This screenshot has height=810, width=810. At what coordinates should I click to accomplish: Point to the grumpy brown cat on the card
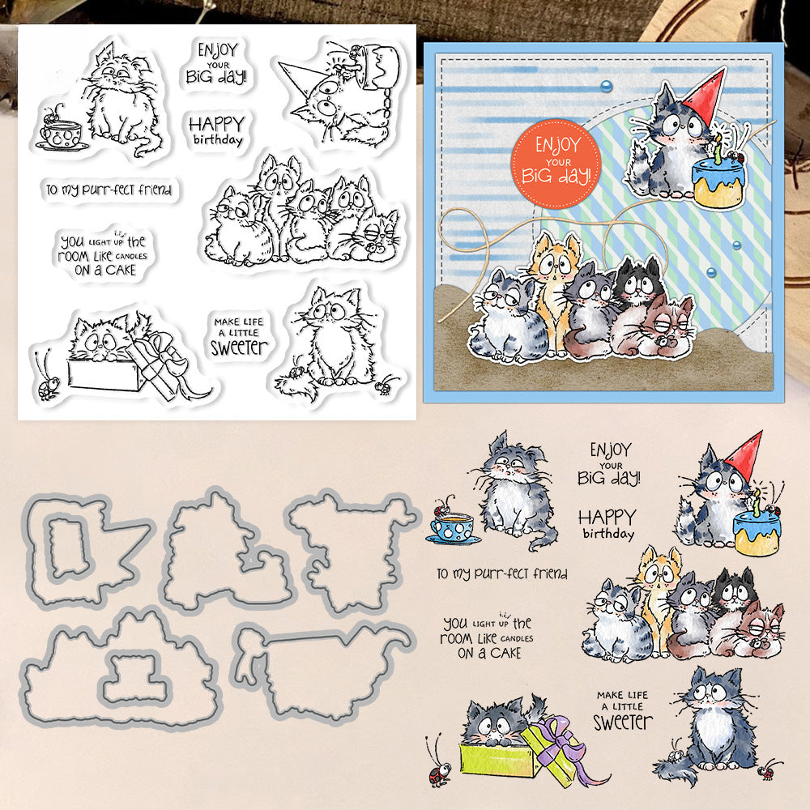656,327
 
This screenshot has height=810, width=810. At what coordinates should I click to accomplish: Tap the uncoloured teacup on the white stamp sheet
61,136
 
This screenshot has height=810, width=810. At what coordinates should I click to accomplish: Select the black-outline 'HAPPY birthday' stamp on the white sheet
216,130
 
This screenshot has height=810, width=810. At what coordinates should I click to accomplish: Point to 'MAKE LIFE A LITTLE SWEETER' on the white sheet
239,336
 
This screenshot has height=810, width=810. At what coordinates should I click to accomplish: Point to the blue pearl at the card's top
606,86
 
